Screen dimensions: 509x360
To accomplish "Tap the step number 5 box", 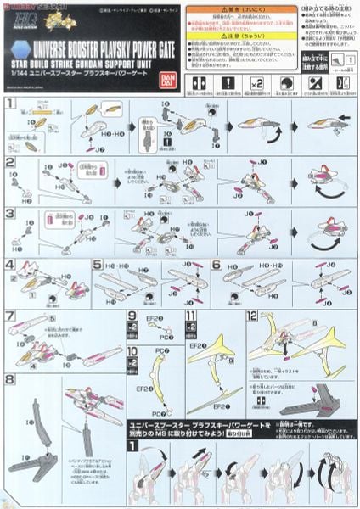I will click(x=98, y=265).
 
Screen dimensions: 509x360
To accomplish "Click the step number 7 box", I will click(x=10, y=316).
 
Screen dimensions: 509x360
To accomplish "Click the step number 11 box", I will click(x=190, y=316).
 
